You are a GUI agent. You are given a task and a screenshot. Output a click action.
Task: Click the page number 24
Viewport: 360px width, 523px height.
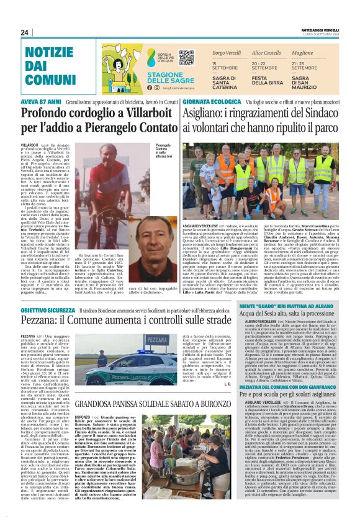[25, 32]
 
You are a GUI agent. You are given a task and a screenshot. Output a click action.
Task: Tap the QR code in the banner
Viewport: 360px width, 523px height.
[186, 58]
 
